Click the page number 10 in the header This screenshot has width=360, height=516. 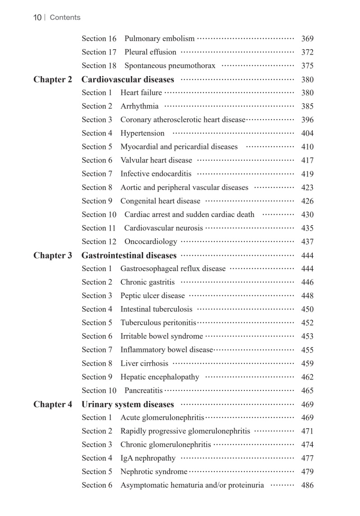(x=37, y=18)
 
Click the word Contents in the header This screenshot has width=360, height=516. (x=65, y=18)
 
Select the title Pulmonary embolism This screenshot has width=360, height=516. (x=159, y=39)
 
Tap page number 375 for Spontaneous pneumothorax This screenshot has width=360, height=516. (x=307, y=66)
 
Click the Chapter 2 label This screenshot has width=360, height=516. (x=53, y=80)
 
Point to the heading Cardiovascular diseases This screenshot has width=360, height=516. (x=127, y=80)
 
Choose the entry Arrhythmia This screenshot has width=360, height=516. (x=139, y=106)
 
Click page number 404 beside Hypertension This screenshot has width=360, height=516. (x=307, y=133)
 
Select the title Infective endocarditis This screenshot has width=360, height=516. (x=156, y=174)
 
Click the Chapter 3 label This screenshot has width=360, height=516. (x=53, y=256)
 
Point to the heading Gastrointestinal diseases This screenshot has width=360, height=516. (x=129, y=256)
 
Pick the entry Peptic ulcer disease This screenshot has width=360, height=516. (x=153, y=296)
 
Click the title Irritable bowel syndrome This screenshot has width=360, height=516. (x=162, y=336)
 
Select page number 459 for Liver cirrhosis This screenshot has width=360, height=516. (x=307, y=363)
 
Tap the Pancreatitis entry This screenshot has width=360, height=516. (x=144, y=390)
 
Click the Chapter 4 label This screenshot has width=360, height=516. (x=53, y=404)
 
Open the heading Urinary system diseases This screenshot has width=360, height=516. (x=127, y=404)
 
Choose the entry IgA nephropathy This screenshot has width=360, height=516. (x=148, y=458)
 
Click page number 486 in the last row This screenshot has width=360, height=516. (x=307, y=485)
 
